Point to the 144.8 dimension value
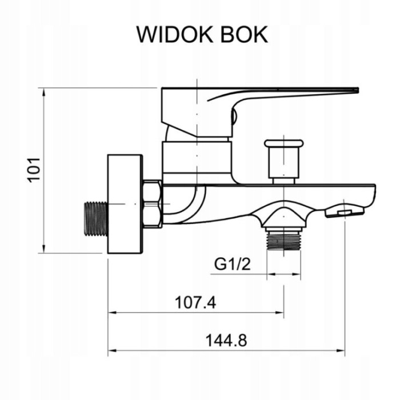[226, 341]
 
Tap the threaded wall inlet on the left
[95, 218]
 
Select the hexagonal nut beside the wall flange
[151, 203]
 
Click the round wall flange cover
[125, 205]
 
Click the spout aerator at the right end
[344, 212]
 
